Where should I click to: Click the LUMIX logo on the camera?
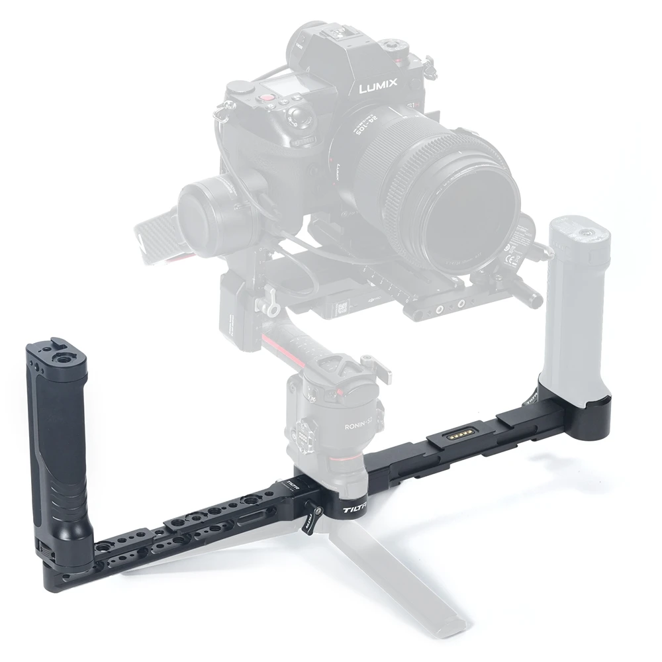click(x=379, y=85)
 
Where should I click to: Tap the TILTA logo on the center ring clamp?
click(x=357, y=510)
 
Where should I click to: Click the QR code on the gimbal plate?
click(x=344, y=307)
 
